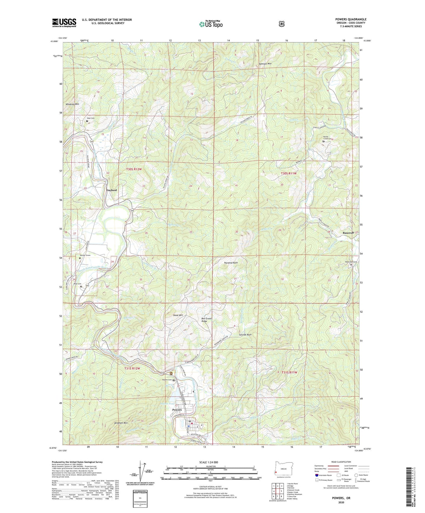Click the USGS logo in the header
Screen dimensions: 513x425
pos(64,23)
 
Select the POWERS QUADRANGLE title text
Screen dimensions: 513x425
pos(351,19)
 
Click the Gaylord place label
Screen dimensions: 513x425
pos(111,190)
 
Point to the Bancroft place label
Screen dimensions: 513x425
pos(348,233)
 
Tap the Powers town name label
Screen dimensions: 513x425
pos(177,410)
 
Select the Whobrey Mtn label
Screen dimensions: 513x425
pos(72,104)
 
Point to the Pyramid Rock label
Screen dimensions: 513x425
pos(231,263)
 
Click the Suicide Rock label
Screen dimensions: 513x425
pos(245,335)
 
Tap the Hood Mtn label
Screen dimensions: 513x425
pos(178,315)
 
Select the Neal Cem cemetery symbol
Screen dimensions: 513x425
pos(87,121)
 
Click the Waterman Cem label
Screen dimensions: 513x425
pos(351,262)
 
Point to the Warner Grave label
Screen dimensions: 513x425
pos(85,255)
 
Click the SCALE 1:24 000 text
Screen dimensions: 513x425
pos(209,462)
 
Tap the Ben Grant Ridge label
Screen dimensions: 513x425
pos(206,320)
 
